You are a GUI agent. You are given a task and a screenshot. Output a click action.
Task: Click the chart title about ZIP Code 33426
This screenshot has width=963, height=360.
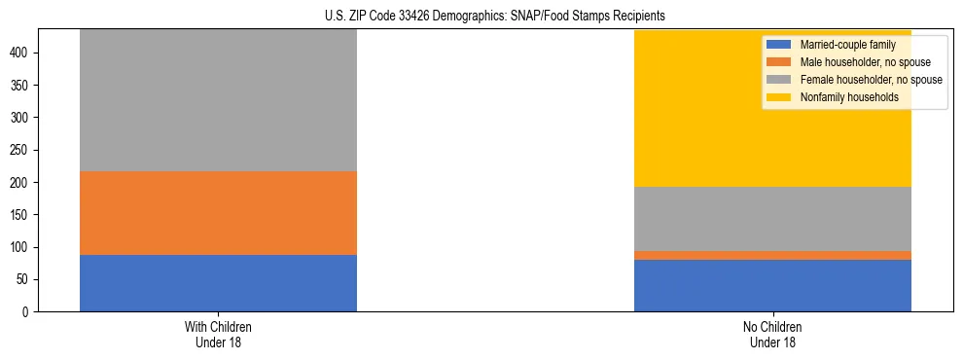click(481, 16)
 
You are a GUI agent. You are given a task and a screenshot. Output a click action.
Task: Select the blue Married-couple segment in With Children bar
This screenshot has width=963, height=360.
click(218, 283)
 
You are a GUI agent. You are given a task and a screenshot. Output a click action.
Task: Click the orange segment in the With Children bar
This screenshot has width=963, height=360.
click(218, 213)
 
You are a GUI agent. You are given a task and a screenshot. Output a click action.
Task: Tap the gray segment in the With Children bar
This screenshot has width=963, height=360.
click(218, 100)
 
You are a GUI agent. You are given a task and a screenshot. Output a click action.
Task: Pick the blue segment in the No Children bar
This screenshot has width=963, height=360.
click(772, 285)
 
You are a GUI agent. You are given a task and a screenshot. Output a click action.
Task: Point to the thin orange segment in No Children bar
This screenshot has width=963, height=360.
click(772, 255)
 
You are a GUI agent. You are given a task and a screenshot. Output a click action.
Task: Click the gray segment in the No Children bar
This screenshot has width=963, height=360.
click(772, 219)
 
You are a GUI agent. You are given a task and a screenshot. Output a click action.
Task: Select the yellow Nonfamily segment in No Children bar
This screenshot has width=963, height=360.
click(772, 108)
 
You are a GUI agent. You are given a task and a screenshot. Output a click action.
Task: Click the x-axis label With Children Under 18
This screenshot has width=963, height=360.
click(218, 334)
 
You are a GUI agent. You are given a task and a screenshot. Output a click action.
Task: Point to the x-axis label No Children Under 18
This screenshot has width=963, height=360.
click(772, 334)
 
